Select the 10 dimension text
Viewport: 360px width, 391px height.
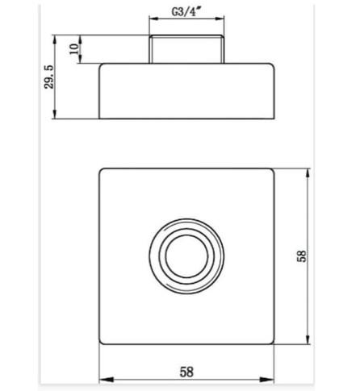74,49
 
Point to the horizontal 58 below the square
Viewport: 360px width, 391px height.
187,372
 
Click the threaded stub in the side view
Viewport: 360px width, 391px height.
187,49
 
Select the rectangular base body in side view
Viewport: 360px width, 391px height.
187,91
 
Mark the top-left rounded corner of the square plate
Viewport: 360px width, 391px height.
103,171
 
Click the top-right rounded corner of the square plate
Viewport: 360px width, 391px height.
274,171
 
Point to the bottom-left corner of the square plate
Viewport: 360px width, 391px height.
103,344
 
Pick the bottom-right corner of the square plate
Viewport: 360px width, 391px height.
274,344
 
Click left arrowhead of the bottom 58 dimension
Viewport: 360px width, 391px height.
104,381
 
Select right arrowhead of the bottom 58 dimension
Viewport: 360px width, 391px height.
272,381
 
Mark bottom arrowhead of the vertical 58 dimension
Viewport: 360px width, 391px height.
308,342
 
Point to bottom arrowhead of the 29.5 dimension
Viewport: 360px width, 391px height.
55,116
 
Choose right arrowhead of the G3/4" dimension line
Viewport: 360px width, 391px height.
223,23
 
